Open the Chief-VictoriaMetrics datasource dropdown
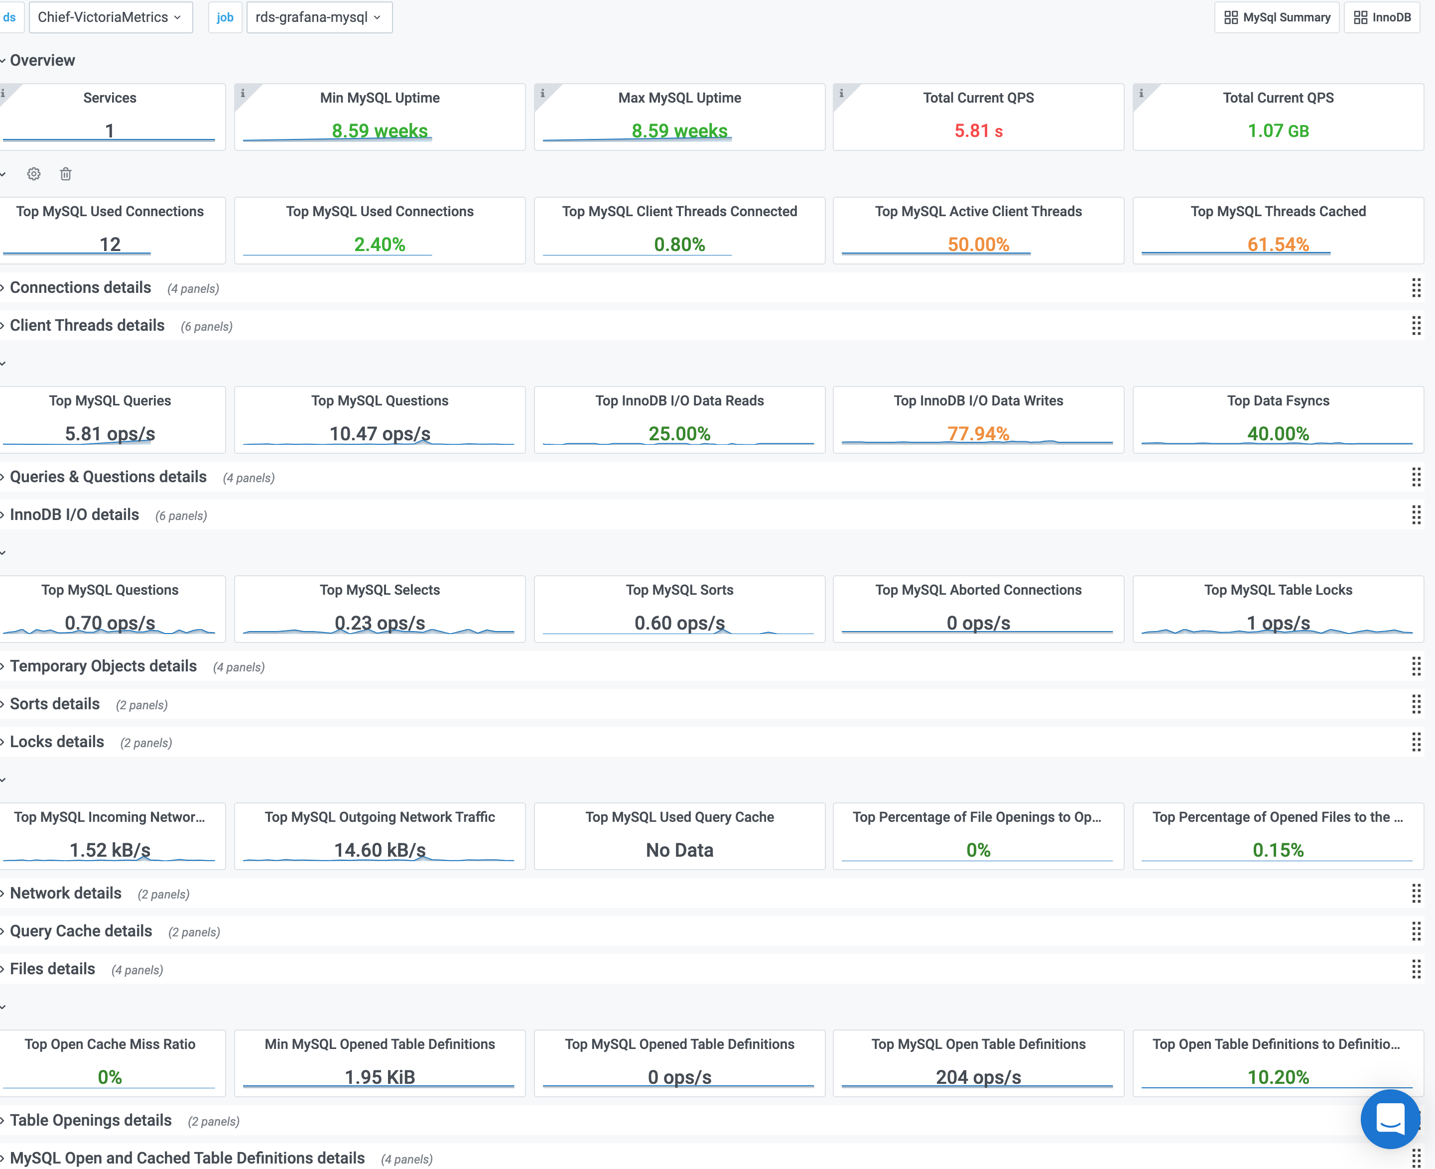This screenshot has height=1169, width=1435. tap(110, 17)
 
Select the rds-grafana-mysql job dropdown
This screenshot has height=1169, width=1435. tap(318, 17)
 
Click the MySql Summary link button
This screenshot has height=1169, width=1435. tap(1276, 17)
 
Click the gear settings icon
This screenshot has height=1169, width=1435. tap(34, 174)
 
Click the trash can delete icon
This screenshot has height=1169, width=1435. tap(65, 174)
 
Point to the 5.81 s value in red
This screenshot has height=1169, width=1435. tap(978, 130)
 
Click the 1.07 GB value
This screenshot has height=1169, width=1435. tap(1278, 130)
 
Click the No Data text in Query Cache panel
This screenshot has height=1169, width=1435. tap(679, 850)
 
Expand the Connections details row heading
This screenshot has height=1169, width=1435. tap(80, 287)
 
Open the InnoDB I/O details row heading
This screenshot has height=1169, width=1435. tap(74, 515)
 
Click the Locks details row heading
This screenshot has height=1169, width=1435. tap(57, 742)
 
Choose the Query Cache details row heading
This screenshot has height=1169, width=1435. tap(81, 930)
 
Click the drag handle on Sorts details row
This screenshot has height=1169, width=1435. tap(1416, 704)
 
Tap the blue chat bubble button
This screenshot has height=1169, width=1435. tap(1389, 1119)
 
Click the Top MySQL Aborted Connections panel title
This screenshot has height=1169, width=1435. tap(978, 590)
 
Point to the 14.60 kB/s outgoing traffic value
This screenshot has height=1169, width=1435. tap(380, 850)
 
